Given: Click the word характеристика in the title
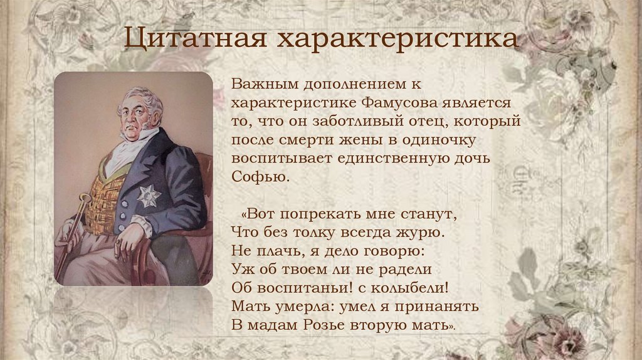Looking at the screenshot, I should tap(399, 39).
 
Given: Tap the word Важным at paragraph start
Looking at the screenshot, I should tap(262, 83).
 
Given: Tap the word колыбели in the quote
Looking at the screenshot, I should tap(411, 289).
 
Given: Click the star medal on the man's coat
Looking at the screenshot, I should tap(149, 195).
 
